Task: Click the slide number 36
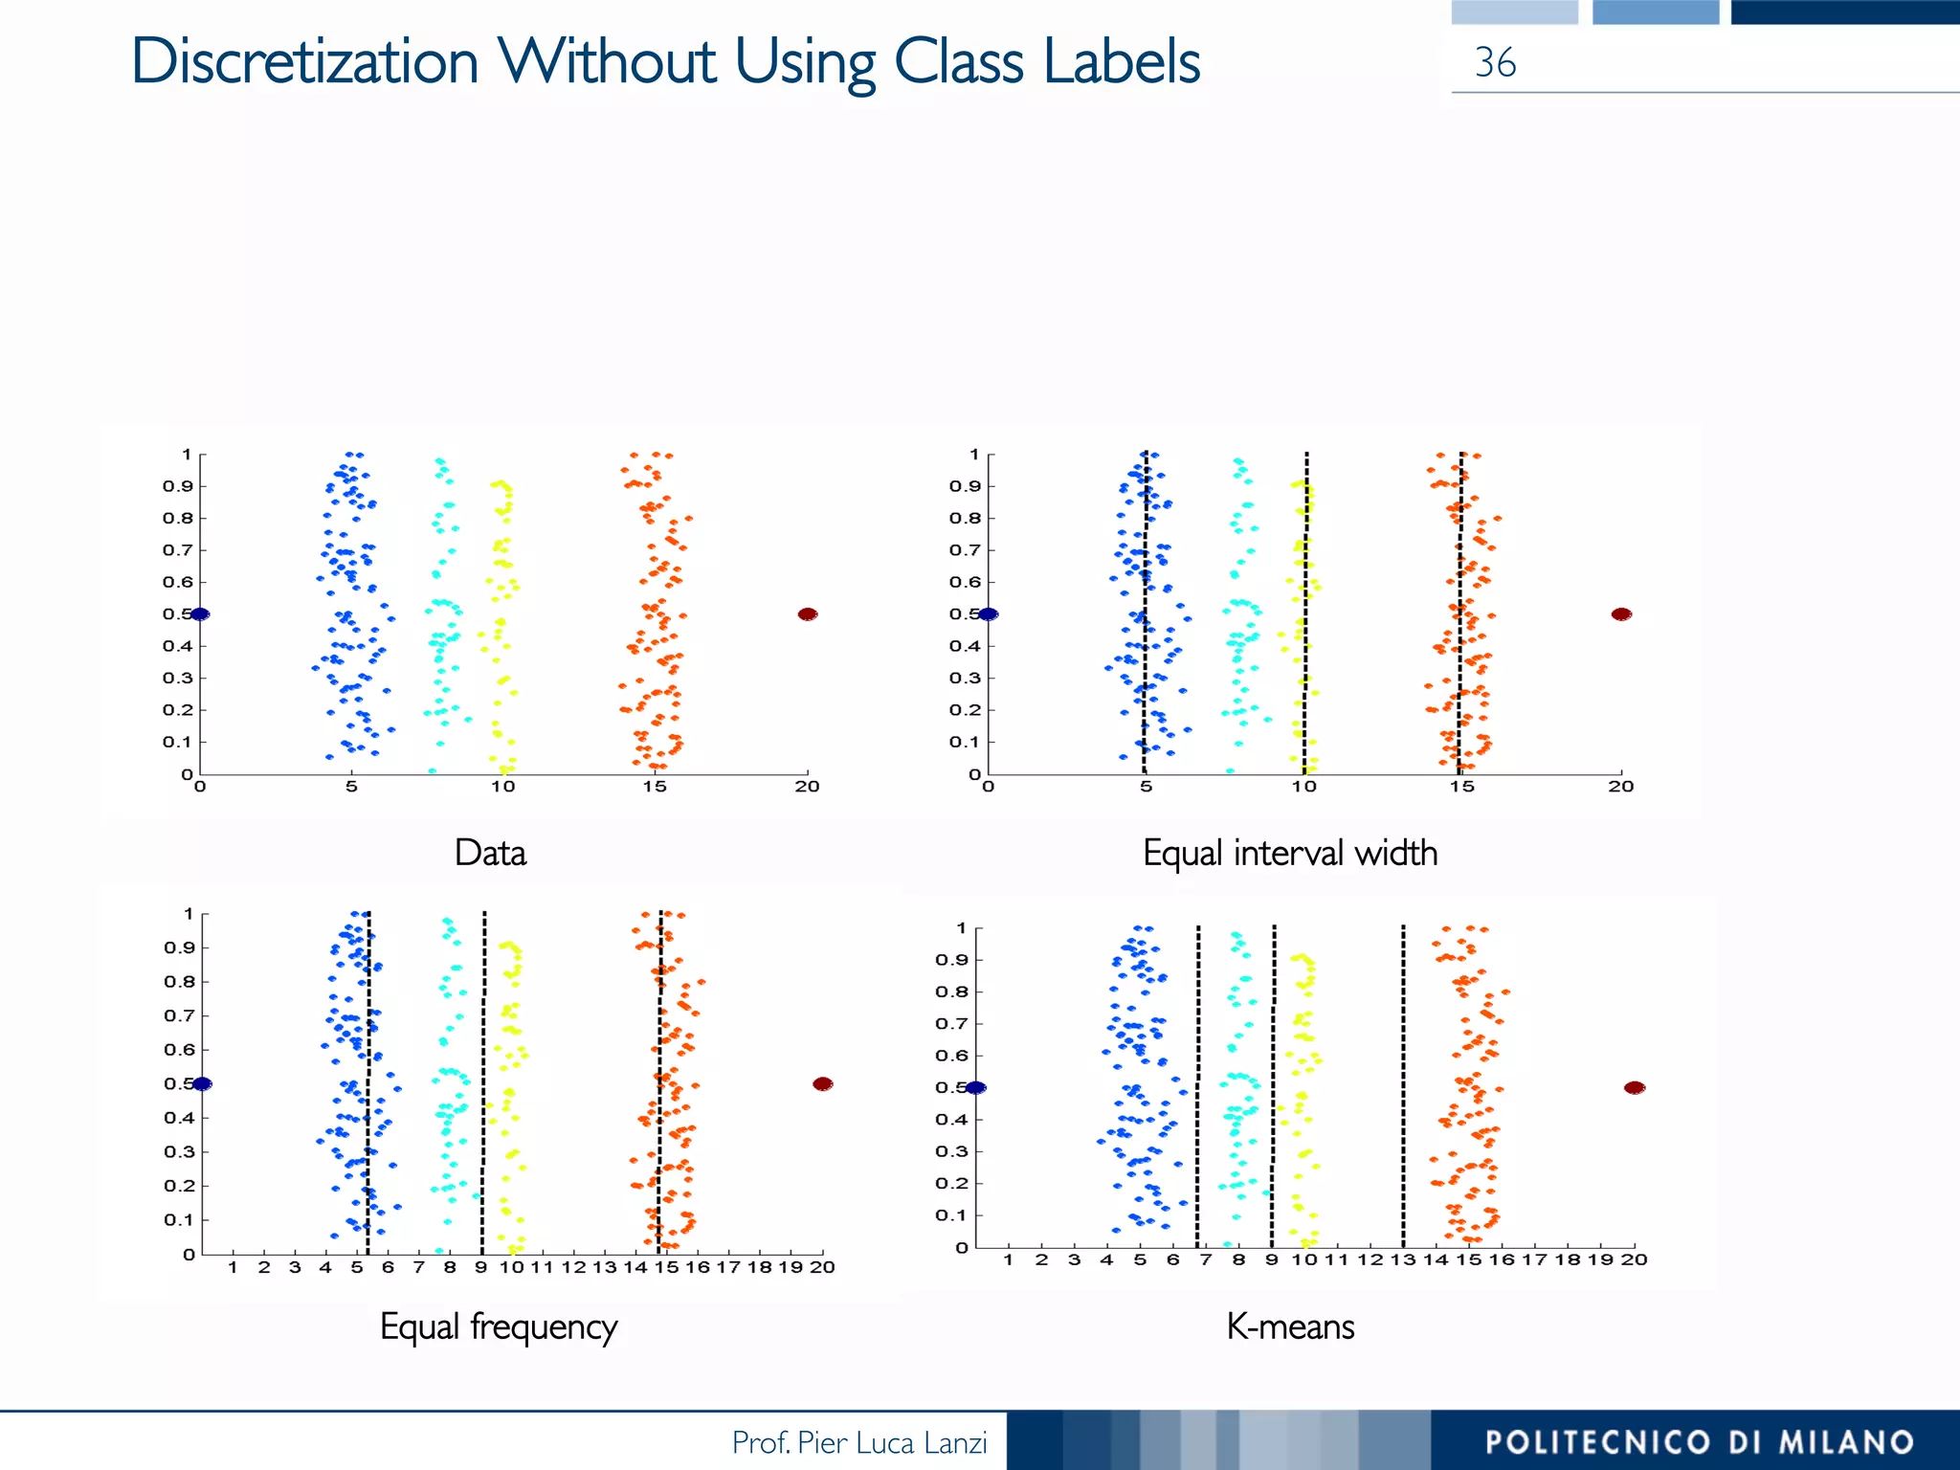(x=1494, y=63)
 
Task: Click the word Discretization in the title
(x=304, y=63)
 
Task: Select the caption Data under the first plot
(x=490, y=853)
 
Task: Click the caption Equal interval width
(x=1289, y=853)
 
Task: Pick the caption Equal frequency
(x=498, y=1326)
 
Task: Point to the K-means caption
(x=1289, y=1326)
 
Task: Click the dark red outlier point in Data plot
(x=807, y=614)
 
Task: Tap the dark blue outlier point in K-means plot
(x=975, y=1087)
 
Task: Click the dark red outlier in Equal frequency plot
(x=822, y=1083)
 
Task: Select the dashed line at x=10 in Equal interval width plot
(x=1305, y=612)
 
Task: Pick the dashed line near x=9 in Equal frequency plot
(x=483, y=1081)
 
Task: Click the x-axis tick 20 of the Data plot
(x=807, y=787)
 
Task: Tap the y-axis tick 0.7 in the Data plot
(x=177, y=550)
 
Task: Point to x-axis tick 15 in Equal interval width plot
(x=1461, y=787)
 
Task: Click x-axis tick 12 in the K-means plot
(x=1370, y=1259)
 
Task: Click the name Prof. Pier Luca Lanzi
(x=858, y=1442)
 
